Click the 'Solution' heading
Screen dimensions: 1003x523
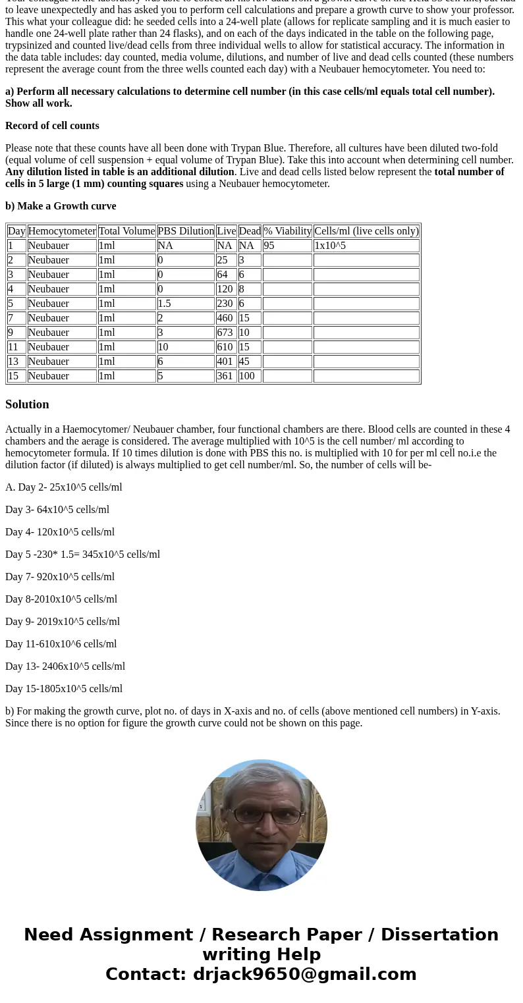tap(27, 404)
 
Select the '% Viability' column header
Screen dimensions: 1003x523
tap(287, 231)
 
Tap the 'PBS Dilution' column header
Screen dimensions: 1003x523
tap(186, 231)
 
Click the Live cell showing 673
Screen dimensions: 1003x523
tap(225, 333)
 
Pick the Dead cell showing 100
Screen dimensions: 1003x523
tap(248, 376)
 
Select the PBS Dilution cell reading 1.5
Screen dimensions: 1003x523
tap(165, 304)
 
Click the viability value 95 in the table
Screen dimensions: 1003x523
tap(269, 246)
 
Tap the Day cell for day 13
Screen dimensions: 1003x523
tap(14, 362)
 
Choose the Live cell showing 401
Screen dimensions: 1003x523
tap(225, 362)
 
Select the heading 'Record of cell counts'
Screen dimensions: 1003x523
tap(52, 126)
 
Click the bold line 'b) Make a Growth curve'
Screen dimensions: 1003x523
tap(61, 206)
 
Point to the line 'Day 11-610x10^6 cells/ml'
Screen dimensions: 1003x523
tap(61, 644)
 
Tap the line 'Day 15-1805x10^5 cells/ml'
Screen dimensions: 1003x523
tap(64, 689)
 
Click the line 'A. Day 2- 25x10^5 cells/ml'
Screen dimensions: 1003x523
tap(64, 487)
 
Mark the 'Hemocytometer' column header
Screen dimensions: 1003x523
tap(62, 231)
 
